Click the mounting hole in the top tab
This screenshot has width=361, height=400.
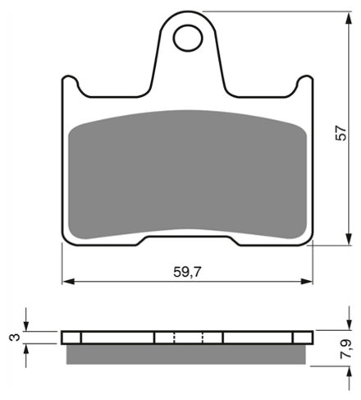click(188, 38)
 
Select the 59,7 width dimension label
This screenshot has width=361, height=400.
click(187, 272)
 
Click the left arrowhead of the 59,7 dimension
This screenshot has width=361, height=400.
click(68, 281)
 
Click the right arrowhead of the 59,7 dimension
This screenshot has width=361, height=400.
click(307, 281)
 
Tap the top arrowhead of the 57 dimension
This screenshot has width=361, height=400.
click(349, 18)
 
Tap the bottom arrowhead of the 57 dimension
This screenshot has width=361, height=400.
click(349, 239)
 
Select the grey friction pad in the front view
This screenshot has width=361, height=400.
click(188, 174)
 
